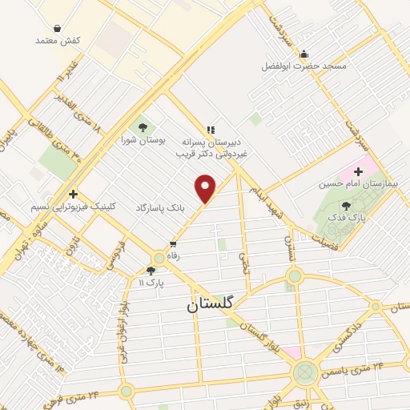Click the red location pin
pyautogui.click(x=206, y=187)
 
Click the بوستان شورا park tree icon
pyautogui.click(x=142, y=126)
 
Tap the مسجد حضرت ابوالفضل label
pyautogui.click(x=304, y=66)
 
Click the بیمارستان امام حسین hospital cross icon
pyautogui.click(x=357, y=172)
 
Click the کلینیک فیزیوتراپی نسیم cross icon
pyautogui.click(x=73, y=194)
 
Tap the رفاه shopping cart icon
pyautogui.click(x=172, y=244)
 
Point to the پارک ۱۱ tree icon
pyautogui.click(x=151, y=271)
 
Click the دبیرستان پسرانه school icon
pyautogui.click(x=211, y=130)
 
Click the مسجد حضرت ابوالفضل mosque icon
pyautogui.click(x=303, y=54)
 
